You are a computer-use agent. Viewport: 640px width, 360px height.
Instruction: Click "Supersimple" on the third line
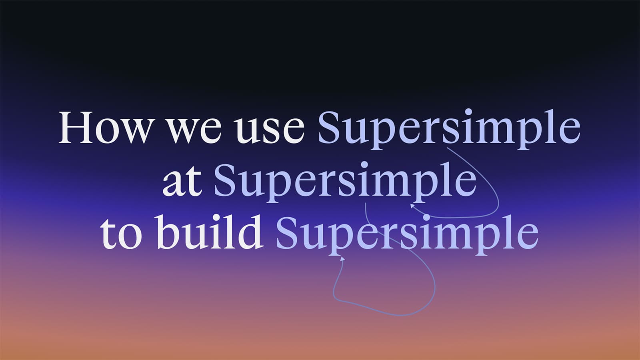coord(407,233)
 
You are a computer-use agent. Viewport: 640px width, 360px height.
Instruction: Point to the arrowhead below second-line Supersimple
coord(412,206)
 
